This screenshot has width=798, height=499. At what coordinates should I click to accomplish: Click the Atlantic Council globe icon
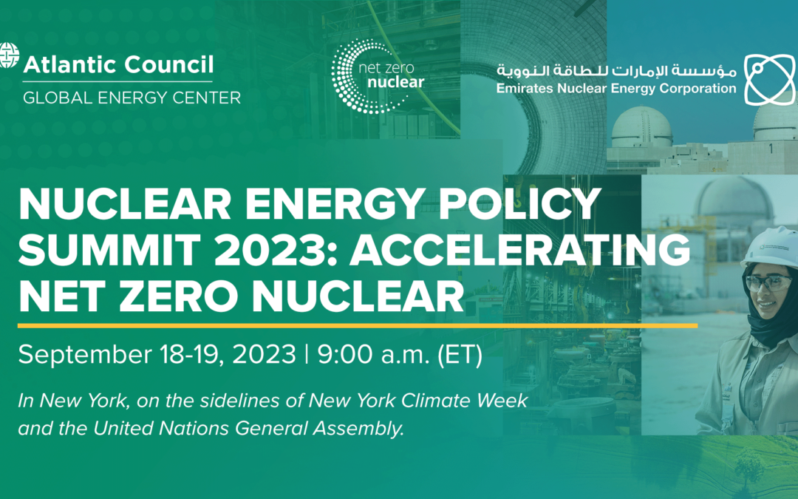9,55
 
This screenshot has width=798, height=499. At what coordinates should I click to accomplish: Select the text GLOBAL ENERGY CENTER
132,98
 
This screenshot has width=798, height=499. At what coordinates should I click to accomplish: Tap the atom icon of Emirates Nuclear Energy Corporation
769,79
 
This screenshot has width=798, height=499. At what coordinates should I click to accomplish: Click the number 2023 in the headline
267,250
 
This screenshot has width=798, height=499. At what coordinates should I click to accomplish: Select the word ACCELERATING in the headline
519,250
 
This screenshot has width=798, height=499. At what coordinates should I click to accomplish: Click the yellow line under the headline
358,325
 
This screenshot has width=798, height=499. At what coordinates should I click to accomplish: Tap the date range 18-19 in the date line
191,354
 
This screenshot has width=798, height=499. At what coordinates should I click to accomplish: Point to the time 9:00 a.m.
374,354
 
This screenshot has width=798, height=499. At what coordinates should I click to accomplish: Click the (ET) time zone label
460,355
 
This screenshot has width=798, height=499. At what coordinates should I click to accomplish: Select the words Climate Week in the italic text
464,400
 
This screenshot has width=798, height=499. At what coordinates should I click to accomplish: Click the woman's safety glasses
768,282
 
